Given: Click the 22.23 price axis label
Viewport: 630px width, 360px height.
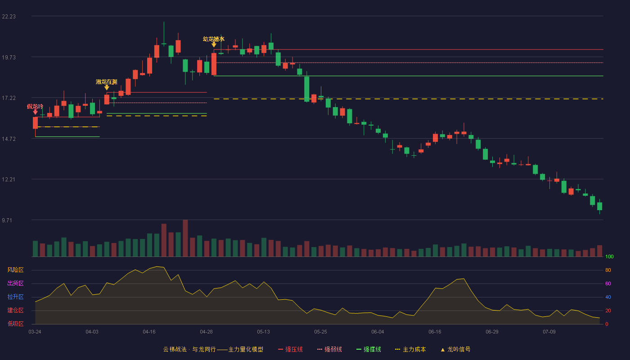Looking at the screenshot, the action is coord(9,17).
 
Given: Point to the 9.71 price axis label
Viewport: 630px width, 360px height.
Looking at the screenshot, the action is coord(7,220).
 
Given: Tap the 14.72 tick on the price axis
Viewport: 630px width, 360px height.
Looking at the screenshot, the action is coord(9,139).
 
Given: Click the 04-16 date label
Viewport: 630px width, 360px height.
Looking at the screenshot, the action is coord(149,332).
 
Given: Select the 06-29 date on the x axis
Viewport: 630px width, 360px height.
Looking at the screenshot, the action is coord(492,332).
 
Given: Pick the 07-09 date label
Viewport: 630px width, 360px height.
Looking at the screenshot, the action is coord(549,332).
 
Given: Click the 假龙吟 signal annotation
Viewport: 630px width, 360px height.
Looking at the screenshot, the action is coord(35,106).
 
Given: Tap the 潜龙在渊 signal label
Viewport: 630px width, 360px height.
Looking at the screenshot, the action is coord(107,82).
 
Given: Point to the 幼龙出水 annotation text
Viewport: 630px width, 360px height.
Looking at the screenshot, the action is coord(214,39).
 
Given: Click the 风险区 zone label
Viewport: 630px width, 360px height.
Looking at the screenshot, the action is coord(15,270).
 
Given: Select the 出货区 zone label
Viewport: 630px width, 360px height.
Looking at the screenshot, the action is coord(15,283).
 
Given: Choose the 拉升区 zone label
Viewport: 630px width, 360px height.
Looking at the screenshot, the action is coord(15,297).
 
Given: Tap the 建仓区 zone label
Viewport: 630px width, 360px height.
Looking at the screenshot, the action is coord(15,310).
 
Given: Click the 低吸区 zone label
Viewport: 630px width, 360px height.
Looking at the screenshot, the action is coord(15,324).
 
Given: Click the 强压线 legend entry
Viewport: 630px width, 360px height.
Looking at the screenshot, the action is coord(291,349).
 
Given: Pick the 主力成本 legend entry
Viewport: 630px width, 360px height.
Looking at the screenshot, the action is coord(410,349).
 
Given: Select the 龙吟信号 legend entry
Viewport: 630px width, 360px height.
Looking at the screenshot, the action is coord(455,349).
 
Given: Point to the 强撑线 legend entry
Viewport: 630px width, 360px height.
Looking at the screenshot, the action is coord(369,349).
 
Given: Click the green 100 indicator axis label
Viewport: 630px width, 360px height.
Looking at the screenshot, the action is coord(609,256).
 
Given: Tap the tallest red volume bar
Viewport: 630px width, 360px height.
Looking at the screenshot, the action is coord(185,238).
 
